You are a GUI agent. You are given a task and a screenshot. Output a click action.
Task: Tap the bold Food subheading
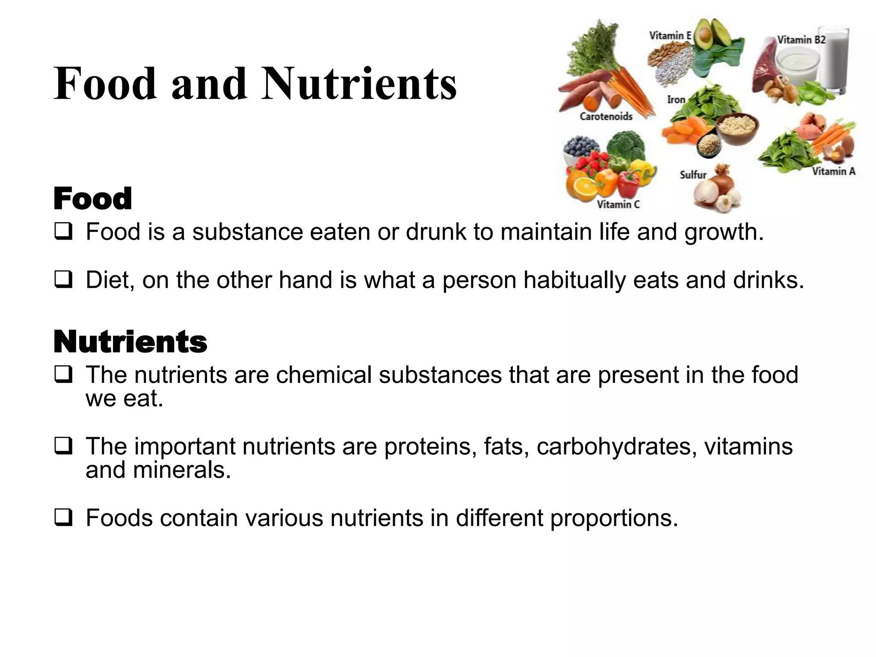[x=92, y=199]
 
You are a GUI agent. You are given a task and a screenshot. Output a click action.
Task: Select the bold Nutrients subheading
[x=130, y=342]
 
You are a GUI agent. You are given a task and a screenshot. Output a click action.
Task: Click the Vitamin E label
[x=670, y=36]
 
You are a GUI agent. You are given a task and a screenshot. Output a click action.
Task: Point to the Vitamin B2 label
[x=801, y=40]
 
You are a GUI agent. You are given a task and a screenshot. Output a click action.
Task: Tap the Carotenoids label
[x=606, y=116]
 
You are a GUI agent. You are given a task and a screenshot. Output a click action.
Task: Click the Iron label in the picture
[x=676, y=100]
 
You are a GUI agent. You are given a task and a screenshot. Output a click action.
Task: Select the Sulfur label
[x=693, y=175]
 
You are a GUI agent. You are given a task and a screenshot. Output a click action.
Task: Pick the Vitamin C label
[x=618, y=204]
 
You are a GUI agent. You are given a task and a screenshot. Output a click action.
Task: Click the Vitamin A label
[x=834, y=172]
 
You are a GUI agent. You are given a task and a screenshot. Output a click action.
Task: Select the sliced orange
[x=581, y=186]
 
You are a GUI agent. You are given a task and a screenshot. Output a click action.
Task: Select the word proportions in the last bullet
[x=613, y=518]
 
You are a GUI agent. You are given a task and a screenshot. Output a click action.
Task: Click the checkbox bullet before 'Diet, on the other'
[x=63, y=280]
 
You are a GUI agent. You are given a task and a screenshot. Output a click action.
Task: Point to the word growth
[x=723, y=232]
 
